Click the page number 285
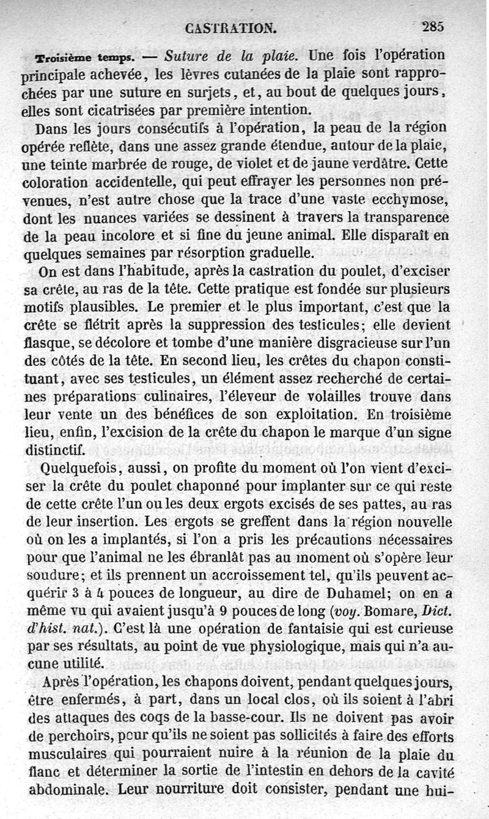pyautogui.click(x=432, y=26)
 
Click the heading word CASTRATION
pyautogui.click(x=231, y=28)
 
